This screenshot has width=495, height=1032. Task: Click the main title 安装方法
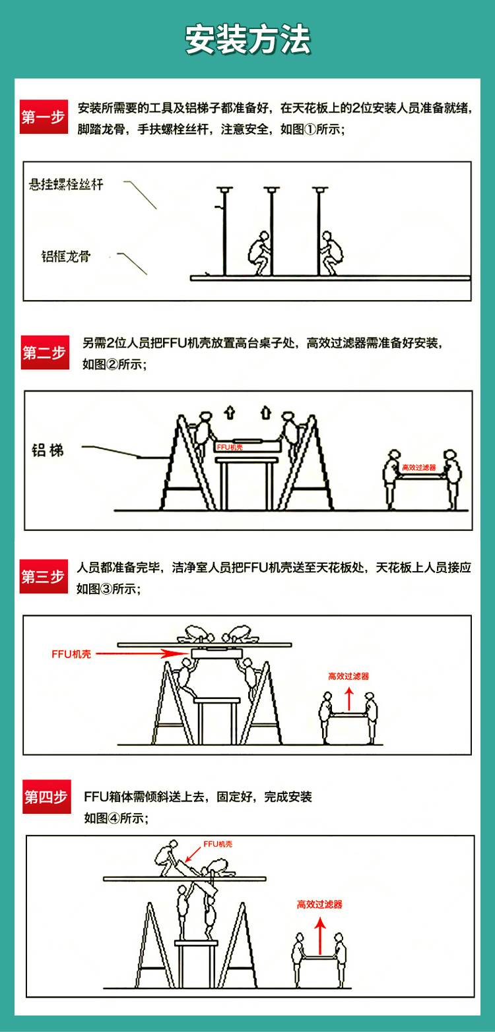coord(247,40)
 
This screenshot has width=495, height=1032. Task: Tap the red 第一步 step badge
coord(44,117)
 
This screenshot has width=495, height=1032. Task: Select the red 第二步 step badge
coord(45,352)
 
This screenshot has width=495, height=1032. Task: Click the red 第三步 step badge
coord(44,576)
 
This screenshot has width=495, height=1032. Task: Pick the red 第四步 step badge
coord(47,797)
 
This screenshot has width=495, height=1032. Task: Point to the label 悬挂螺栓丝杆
coord(66,185)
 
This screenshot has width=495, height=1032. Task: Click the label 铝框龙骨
coord(66,256)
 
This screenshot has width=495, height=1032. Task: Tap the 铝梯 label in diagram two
coord(48,450)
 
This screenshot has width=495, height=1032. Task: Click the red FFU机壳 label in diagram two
coord(230,447)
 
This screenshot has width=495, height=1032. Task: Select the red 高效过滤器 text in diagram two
coord(419,467)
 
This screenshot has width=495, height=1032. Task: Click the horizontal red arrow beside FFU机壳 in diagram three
coord(143,653)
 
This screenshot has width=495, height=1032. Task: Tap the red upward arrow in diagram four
coord(320,935)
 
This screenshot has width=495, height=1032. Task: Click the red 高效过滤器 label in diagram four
coord(319,904)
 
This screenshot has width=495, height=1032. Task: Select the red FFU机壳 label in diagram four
coord(218,844)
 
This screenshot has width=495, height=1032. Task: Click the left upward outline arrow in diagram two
coord(230,413)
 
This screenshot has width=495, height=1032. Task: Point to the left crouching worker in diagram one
coord(260,253)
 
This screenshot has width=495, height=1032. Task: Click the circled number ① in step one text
coord(310,129)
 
